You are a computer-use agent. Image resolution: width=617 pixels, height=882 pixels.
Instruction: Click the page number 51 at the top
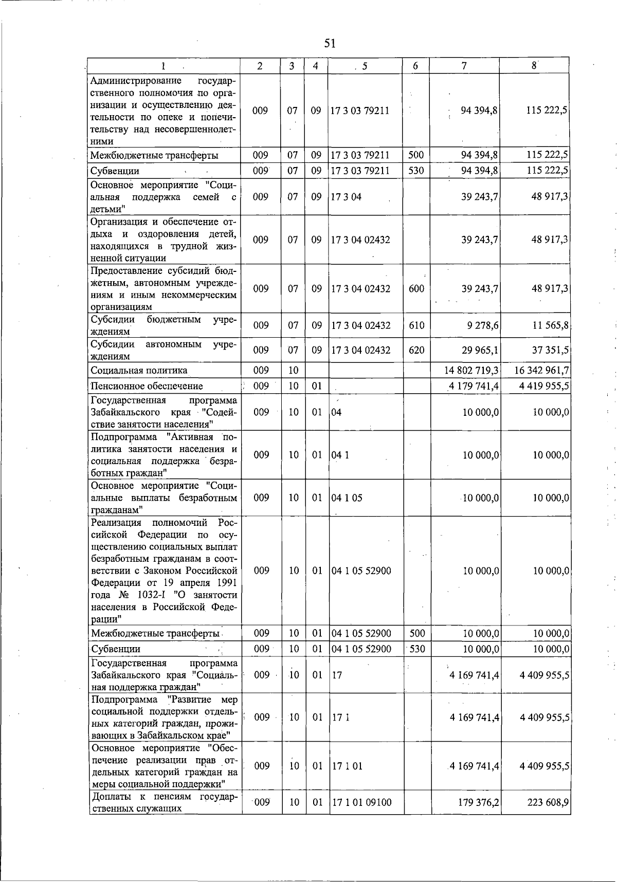[330, 44]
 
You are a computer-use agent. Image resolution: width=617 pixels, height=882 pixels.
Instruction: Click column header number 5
[365, 66]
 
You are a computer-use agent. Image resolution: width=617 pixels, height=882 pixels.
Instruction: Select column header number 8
[534, 66]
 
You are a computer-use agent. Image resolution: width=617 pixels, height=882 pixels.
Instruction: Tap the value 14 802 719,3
[471, 371]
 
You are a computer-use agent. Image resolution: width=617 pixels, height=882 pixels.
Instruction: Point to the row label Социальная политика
[139, 371]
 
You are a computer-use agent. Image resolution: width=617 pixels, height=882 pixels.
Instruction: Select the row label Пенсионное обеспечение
[147, 386]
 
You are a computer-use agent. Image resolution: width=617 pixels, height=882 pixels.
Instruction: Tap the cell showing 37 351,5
[550, 350]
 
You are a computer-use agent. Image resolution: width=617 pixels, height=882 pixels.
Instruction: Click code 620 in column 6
[416, 350]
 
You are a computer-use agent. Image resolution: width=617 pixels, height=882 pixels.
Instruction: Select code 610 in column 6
[416, 325]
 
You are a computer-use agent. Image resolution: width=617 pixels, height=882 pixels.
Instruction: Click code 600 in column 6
[416, 289]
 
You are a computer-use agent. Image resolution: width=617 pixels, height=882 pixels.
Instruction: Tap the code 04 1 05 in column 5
[347, 498]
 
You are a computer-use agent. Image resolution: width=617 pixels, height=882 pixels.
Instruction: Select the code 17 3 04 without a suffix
[346, 197]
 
